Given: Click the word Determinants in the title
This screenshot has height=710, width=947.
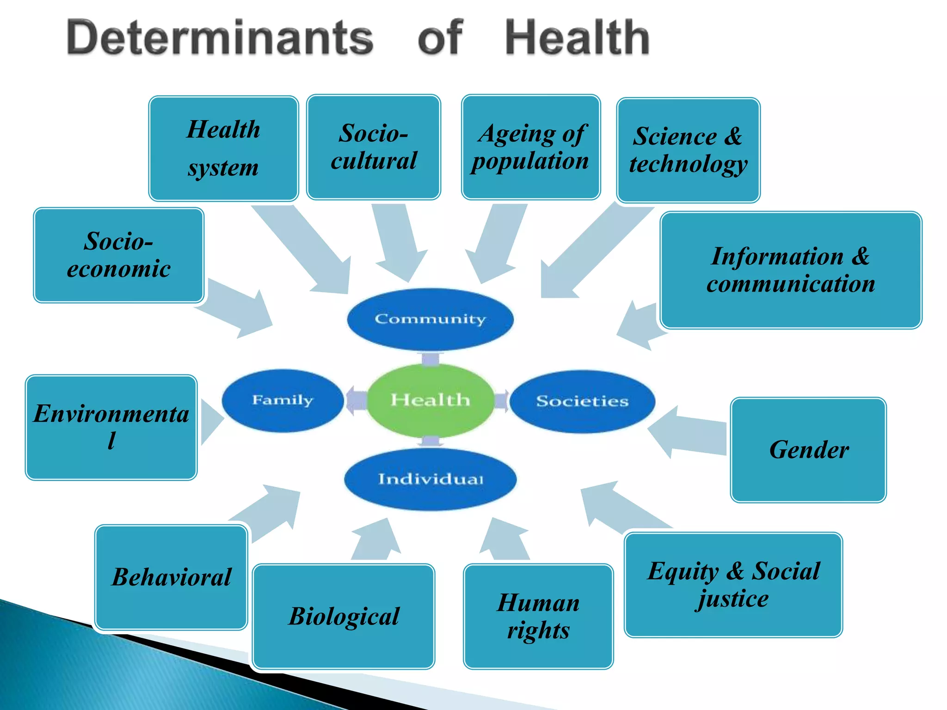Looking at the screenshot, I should pyautogui.click(x=220, y=38).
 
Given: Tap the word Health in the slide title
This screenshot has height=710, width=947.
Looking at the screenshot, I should pyautogui.click(x=577, y=38).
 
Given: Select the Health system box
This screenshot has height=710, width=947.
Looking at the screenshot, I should pyautogui.click(x=223, y=148).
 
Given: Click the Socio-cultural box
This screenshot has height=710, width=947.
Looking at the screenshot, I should pyautogui.click(x=374, y=147).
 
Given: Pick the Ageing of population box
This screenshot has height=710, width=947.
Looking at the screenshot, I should pyautogui.click(x=531, y=147).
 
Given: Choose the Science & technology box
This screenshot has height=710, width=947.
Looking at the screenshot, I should pyautogui.click(x=688, y=150).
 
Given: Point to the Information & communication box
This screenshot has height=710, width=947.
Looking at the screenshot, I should pyautogui.click(x=791, y=270).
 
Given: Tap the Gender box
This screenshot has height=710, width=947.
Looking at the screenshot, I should pyautogui.click(x=808, y=449).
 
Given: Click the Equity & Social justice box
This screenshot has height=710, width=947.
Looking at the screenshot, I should pyautogui.click(x=733, y=584).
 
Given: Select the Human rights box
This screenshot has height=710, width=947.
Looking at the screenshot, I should pyautogui.click(x=538, y=616).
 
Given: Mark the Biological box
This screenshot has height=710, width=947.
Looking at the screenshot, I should pyautogui.click(x=344, y=616).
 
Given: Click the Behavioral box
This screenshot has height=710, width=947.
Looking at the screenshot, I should pyautogui.click(x=171, y=577).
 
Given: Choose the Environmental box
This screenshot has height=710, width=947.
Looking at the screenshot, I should pyautogui.click(x=111, y=427).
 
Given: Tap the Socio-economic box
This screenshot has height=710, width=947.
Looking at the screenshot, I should pyautogui.click(x=118, y=255).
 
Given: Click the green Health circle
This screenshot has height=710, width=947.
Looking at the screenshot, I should pyautogui.click(x=430, y=400).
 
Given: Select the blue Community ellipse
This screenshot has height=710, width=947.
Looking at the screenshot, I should pyautogui.click(x=430, y=319).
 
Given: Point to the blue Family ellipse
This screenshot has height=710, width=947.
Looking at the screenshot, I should pyautogui.click(x=283, y=400).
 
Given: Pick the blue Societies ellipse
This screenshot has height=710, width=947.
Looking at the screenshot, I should pyautogui.click(x=582, y=401).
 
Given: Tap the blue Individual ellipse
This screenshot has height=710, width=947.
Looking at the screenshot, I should pyautogui.click(x=430, y=479).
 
